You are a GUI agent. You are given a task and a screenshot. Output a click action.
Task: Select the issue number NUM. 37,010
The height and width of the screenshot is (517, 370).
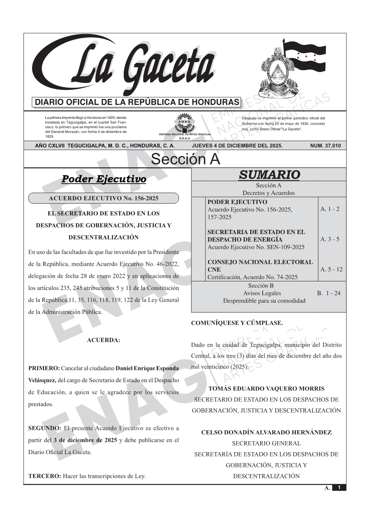[x=325, y=146]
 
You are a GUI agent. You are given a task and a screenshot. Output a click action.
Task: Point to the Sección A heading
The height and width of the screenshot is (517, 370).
[x=185, y=159]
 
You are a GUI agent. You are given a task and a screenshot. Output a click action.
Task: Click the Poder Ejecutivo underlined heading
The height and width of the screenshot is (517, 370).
[x=104, y=179]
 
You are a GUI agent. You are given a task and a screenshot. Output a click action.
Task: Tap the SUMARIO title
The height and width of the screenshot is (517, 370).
[x=269, y=175]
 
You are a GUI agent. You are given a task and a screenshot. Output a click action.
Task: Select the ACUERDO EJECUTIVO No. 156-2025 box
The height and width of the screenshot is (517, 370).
[x=103, y=199]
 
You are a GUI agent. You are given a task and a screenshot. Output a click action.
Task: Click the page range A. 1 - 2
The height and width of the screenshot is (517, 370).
[x=330, y=209]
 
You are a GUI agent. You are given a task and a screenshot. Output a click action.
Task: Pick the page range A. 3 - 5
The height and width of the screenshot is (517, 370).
[x=330, y=239]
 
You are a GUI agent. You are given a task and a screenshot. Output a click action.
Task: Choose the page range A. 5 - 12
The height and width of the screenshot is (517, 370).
[x=331, y=269]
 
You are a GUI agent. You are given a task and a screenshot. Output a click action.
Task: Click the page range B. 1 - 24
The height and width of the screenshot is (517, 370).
[x=328, y=293]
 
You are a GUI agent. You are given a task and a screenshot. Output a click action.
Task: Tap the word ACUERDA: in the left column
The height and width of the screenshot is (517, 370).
[x=103, y=340]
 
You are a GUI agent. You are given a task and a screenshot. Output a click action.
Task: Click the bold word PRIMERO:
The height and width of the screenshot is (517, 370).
[x=44, y=368]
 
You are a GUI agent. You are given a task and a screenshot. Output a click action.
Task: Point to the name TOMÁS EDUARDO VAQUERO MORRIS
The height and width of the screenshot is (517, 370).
[x=266, y=389]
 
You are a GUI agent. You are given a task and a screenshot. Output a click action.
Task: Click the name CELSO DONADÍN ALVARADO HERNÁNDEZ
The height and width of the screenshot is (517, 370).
[x=266, y=433]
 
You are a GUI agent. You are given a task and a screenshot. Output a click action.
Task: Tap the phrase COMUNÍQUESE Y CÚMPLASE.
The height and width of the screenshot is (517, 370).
[x=237, y=323]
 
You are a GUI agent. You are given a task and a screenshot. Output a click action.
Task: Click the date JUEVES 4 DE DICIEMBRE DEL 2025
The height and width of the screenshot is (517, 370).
[x=237, y=146]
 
